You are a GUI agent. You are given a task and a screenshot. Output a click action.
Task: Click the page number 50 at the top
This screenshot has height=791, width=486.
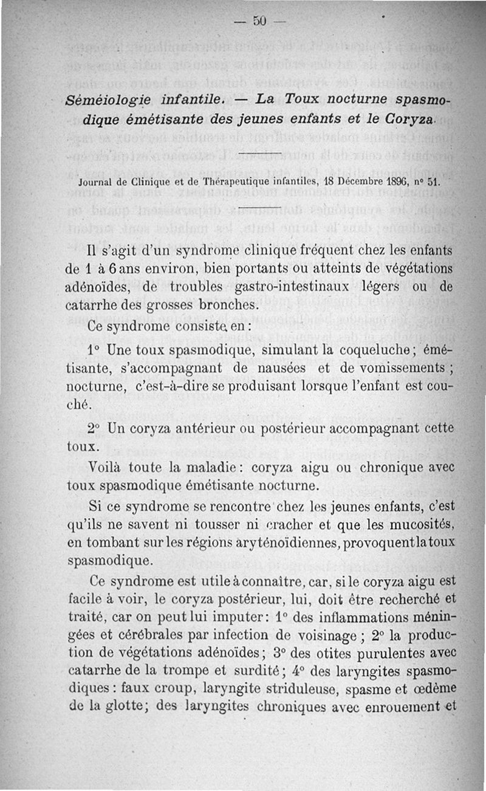click(x=260, y=21)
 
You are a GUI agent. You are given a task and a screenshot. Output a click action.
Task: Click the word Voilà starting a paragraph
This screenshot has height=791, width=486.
click(x=110, y=469)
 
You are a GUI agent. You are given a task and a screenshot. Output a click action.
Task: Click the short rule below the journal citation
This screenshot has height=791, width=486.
click(x=261, y=208)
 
